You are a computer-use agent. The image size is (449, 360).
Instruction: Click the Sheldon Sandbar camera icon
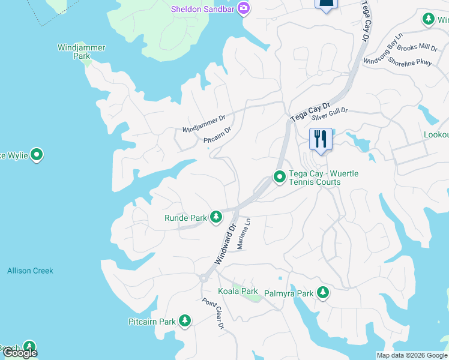click(244, 8)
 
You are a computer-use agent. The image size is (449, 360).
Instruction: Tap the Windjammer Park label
click(82, 51)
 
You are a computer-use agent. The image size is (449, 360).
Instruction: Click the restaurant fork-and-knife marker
click(321, 139)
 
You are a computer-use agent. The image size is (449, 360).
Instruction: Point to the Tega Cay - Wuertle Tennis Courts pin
click(279, 177)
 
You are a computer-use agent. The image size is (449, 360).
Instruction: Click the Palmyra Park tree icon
click(324, 293)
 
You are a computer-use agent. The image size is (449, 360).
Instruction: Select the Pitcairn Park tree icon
click(185, 321)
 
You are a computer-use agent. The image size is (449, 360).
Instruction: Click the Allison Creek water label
click(30, 271)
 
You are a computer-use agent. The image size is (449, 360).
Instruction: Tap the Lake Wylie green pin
click(37, 155)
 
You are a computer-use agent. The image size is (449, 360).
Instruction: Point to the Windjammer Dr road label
click(203, 124)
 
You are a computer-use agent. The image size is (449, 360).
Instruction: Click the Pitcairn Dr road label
click(217, 136)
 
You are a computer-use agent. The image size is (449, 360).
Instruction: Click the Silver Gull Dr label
click(330, 112)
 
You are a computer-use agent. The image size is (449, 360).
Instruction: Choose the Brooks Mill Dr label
click(418, 47)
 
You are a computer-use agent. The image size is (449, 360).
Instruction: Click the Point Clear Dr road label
click(213, 313)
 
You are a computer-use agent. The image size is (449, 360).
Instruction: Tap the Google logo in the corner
click(20, 353)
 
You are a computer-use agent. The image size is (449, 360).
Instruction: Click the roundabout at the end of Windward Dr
click(204, 278)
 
